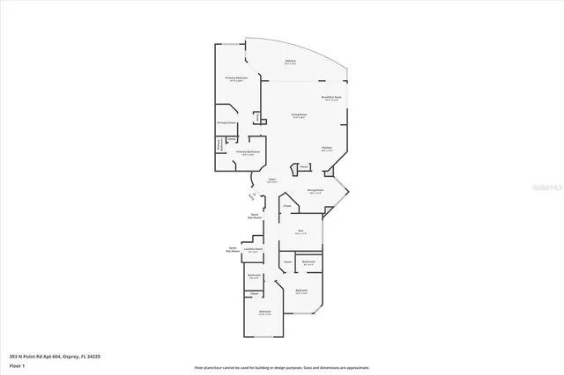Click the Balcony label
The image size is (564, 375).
tap(290, 61)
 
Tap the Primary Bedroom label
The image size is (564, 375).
tap(235, 78)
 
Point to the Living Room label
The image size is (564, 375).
tap(300, 114)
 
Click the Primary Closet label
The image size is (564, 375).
tap(226, 123)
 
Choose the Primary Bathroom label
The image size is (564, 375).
tap(246, 152)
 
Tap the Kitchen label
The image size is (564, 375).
tap(326, 148)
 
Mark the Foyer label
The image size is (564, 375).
tap(272, 180)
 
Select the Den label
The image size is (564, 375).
tap(300, 232)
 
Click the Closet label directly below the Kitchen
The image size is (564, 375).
tap(303, 166)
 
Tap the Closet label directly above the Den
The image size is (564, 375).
tap(287, 208)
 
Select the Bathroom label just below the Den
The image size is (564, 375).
tap(308, 262)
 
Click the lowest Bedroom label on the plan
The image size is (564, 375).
tap(264, 312)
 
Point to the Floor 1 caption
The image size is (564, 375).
tap(18, 365)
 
